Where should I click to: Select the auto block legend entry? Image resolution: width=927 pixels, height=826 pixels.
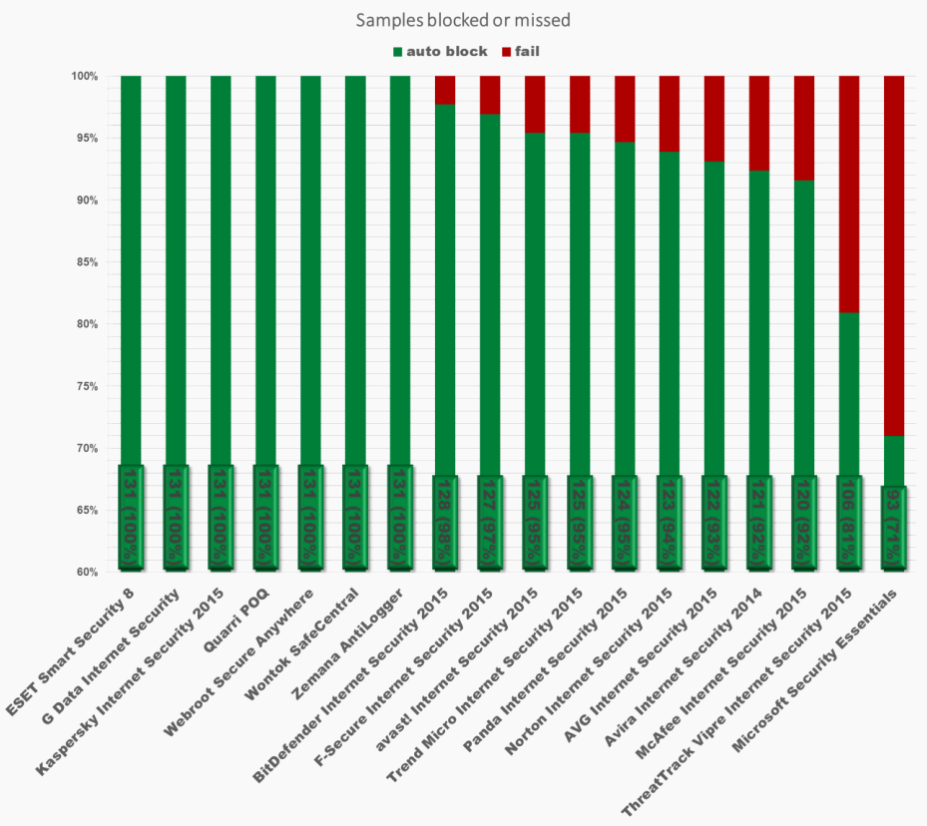coord(439,51)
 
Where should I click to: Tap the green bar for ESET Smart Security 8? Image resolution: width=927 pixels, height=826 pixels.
coord(131,269)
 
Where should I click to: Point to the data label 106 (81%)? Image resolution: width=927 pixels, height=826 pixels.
coord(848,523)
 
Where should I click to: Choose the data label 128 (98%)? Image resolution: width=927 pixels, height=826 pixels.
coord(445,523)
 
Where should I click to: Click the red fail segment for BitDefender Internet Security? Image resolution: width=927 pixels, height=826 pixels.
coord(445,90)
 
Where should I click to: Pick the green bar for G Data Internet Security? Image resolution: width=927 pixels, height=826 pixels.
coord(176,269)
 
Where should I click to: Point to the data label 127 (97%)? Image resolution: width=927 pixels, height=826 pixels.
coord(490,523)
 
